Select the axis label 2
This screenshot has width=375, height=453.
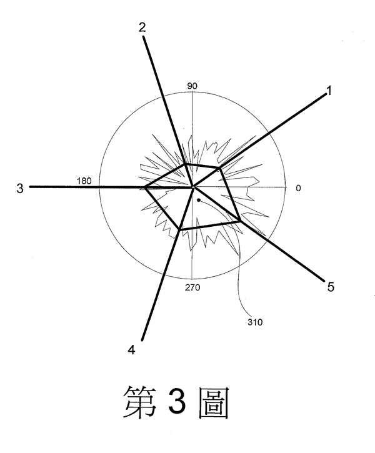tap(142, 27)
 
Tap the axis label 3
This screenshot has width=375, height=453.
tap(20, 187)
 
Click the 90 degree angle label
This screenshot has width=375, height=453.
tap(192, 86)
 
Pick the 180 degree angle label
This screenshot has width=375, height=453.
tap(84, 181)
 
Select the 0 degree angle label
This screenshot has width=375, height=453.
tap(298, 187)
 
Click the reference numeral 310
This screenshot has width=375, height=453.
tap(255, 322)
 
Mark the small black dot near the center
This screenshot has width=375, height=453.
tap(198, 200)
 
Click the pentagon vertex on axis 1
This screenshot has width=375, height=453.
tap(219, 168)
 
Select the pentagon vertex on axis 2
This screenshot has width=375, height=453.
tap(185, 164)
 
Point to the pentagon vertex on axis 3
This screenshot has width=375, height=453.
tap(145, 187)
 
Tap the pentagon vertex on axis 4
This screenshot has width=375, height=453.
tap(179, 231)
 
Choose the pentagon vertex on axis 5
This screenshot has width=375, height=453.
tap(239, 220)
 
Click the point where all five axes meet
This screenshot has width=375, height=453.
tap(193, 186)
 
